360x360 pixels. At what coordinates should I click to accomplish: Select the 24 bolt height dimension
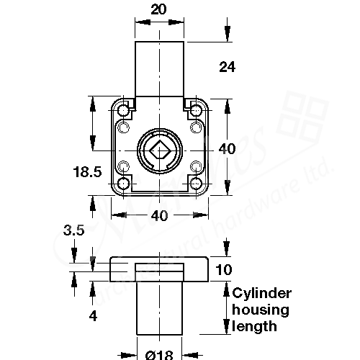228,67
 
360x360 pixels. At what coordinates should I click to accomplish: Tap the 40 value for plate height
228,149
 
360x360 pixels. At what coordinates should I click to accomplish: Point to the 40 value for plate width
161,215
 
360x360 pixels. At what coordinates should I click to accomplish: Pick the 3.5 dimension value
75,231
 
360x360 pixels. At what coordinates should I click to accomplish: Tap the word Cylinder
261,293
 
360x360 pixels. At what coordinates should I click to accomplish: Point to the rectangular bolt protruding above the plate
159,68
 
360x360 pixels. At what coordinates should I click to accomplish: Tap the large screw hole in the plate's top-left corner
123,111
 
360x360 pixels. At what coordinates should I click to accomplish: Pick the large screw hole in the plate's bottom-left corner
123,184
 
